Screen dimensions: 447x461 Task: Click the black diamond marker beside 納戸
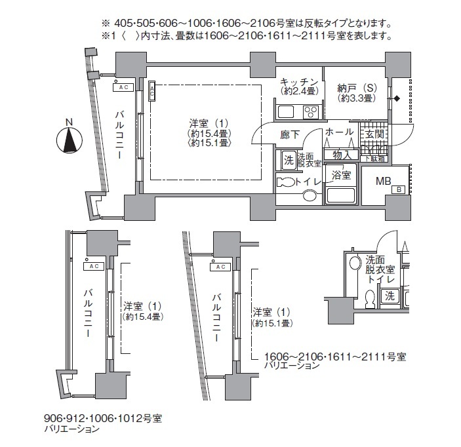[397, 99]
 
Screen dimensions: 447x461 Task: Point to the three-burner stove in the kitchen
[310, 111]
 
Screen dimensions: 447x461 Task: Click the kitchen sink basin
[287, 111]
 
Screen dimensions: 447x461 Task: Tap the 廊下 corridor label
[289, 134]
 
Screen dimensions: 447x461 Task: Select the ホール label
[339, 132]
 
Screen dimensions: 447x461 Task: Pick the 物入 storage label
[342, 155]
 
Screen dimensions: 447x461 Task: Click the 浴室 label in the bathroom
[340, 175]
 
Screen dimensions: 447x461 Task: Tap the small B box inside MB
[397, 189]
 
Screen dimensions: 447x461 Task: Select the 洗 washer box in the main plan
[288, 159]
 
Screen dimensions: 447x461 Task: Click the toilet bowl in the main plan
[285, 182]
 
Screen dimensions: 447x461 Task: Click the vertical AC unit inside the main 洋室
[152, 91]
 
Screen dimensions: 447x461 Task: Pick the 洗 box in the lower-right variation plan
[390, 296]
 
